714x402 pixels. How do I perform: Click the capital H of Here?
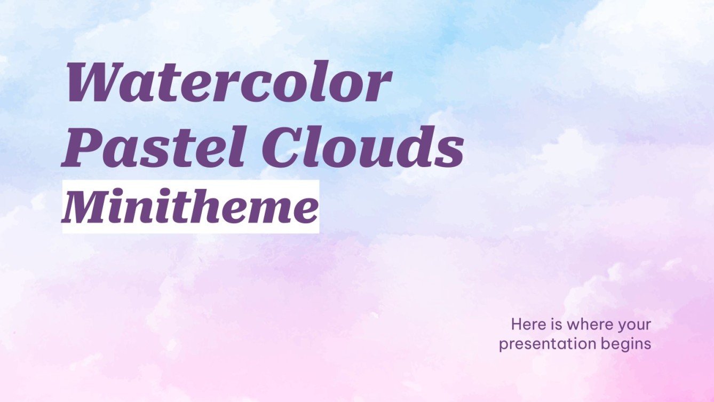coord(516,324)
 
